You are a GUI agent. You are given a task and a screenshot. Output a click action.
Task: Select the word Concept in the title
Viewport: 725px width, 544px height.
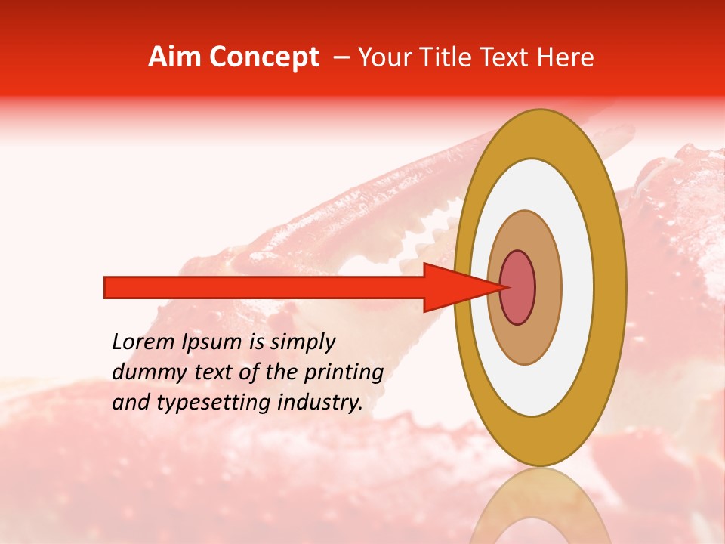pos(264,57)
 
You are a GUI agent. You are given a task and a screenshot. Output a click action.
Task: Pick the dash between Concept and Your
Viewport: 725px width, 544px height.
pos(341,57)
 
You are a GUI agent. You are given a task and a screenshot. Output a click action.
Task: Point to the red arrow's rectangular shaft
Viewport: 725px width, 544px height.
pos(264,288)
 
